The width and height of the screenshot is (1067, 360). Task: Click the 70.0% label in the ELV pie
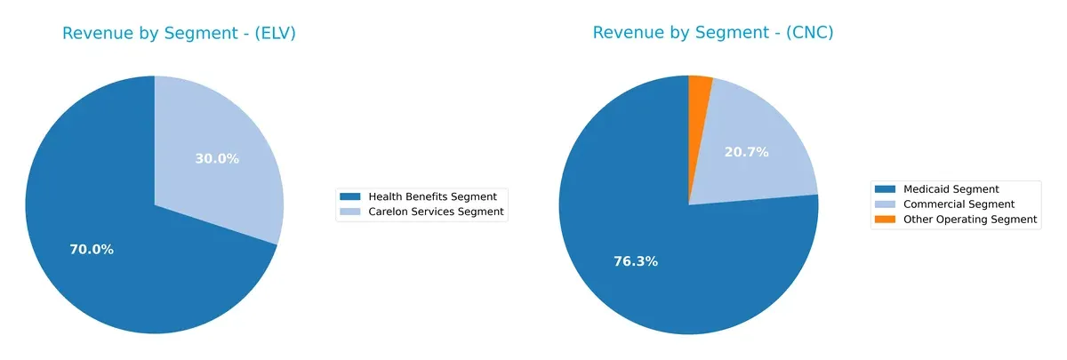[x=92, y=250]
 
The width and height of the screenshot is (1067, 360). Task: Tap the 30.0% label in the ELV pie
[x=217, y=158]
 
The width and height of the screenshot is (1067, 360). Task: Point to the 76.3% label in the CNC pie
[x=636, y=261]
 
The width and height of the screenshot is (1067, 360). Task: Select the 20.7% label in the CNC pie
[x=746, y=152]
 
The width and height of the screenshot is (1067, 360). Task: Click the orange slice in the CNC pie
[x=699, y=87]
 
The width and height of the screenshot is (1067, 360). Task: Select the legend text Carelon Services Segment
[x=436, y=212]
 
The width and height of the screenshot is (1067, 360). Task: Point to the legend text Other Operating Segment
[x=970, y=219]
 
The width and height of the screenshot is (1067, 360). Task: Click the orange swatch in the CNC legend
[x=886, y=219]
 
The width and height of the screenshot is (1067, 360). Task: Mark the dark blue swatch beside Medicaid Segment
[x=886, y=188]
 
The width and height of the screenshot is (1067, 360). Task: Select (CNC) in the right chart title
[x=804, y=34]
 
